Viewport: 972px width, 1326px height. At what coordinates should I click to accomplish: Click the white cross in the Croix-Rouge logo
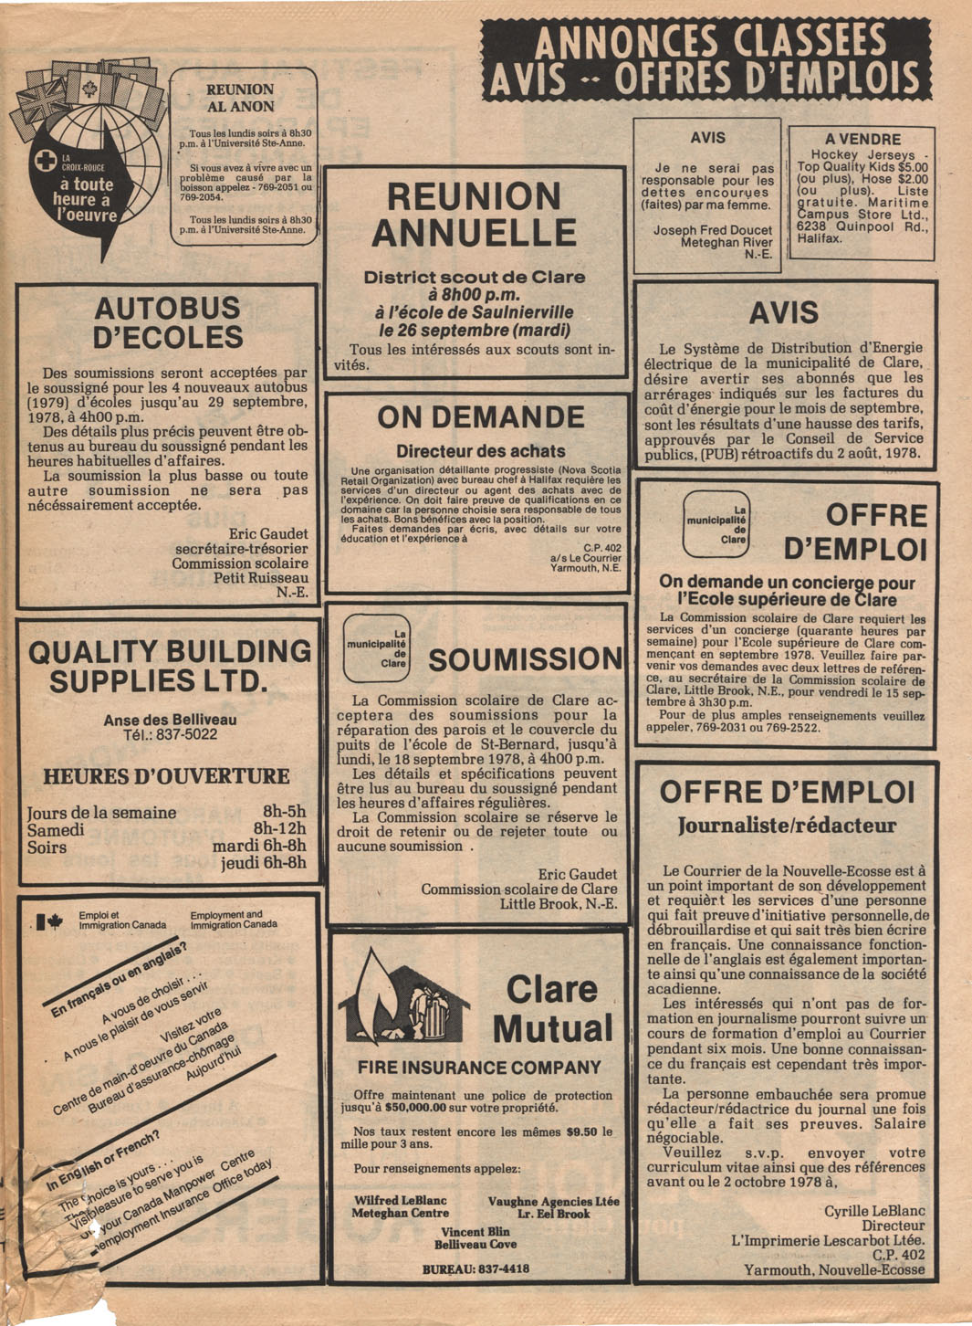pyautogui.click(x=44, y=162)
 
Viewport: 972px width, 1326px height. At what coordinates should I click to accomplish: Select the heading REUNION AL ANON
pyautogui.click(x=240, y=98)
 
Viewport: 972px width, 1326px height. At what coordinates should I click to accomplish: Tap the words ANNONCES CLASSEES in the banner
pyautogui.click(x=709, y=42)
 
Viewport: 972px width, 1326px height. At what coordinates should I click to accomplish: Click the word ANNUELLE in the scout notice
pyautogui.click(x=474, y=233)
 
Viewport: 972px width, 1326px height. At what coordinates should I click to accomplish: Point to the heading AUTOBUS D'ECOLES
pyautogui.click(x=169, y=322)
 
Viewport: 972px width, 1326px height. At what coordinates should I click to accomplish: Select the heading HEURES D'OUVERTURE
pyautogui.click(x=166, y=776)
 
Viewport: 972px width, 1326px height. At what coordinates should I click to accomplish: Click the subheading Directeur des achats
pyautogui.click(x=480, y=451)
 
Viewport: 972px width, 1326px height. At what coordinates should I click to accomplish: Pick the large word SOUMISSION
pyautogui.click(x=525, y=659)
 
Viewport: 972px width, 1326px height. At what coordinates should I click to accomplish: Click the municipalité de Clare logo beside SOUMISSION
pyautogui.click(x=376, y=648)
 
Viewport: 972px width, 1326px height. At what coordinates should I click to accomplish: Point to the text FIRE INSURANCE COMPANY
pyautogui.click(x=479, y=1068)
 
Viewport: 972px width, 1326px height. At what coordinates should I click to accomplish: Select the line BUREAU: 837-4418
pyautogui.click(x=476, y=1268)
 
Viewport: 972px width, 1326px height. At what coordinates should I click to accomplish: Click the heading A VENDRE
pyautogui.click(x=862, y=140)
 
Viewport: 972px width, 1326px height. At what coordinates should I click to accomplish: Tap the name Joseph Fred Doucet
pyautogui.click(x=712, y=230)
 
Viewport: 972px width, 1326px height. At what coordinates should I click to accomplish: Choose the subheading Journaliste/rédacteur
pyautogui.click(x=787, y=826)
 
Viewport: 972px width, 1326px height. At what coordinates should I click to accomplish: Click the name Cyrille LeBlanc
pyautogui.click(x=874, y=1211)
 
